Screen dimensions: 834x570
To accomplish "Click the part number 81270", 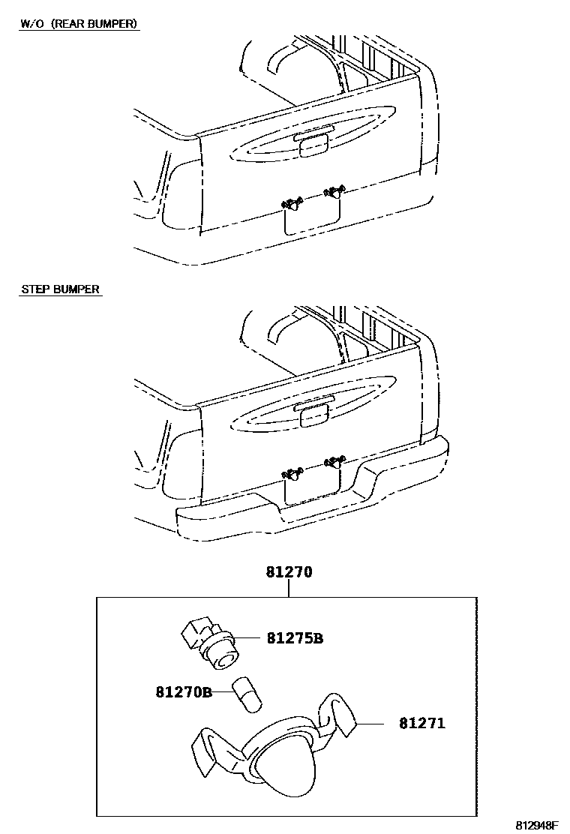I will [x=288, y=571].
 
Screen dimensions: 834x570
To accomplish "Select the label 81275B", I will [x=294, y=639].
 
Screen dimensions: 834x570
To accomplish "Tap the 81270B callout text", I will [x=184, y=691].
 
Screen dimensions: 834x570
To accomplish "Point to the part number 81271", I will [x=421, y=724].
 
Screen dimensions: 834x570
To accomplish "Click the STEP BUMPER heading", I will [x=60, y=289].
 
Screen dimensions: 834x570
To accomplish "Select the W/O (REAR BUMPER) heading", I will [x=79, y=24].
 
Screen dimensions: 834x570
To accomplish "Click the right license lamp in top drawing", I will [x=333, y=194].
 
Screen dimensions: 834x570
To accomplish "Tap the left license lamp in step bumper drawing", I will [x=292, y=473].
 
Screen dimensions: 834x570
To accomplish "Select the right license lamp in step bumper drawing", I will [x=333, y=463].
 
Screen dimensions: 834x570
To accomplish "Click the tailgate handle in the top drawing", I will [x=313, y=145].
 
